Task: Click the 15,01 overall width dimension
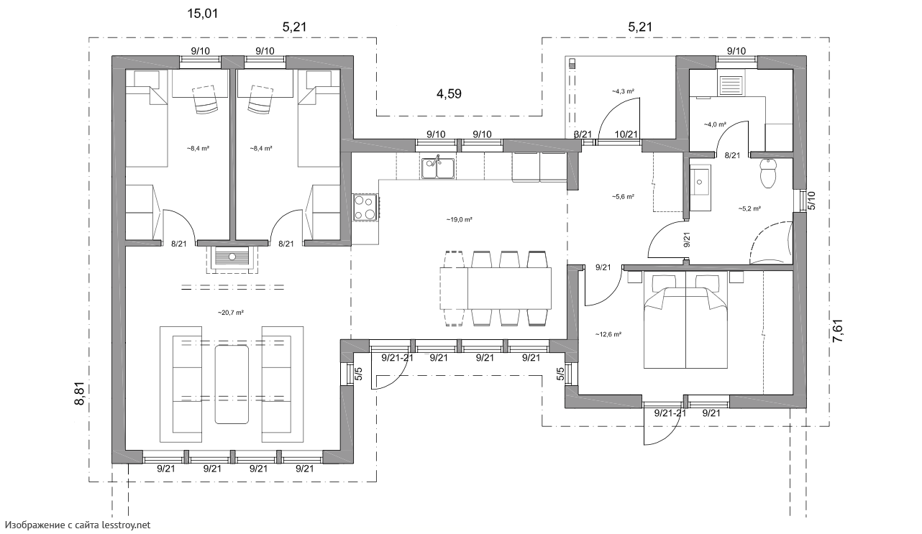click(203, 14)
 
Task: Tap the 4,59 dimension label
click(449, 94)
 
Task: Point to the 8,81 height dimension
click(79, 394)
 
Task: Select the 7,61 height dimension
click(838, 331)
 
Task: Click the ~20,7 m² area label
click(230, 313)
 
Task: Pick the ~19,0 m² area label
click(459, 220)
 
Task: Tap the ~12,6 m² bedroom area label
click(608, 334)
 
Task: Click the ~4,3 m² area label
click(623, 91)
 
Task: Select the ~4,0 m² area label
click(715, 124)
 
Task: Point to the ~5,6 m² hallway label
click(623, 197)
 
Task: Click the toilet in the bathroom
click(767, 173)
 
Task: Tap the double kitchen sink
click(438, 168)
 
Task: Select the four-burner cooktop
click(365, 207)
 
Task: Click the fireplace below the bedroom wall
click(232, 259)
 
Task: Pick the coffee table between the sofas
click(232, 385)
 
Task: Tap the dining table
click(496, 288)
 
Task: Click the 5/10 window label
click(812, 201)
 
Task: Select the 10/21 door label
click(626, 134)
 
